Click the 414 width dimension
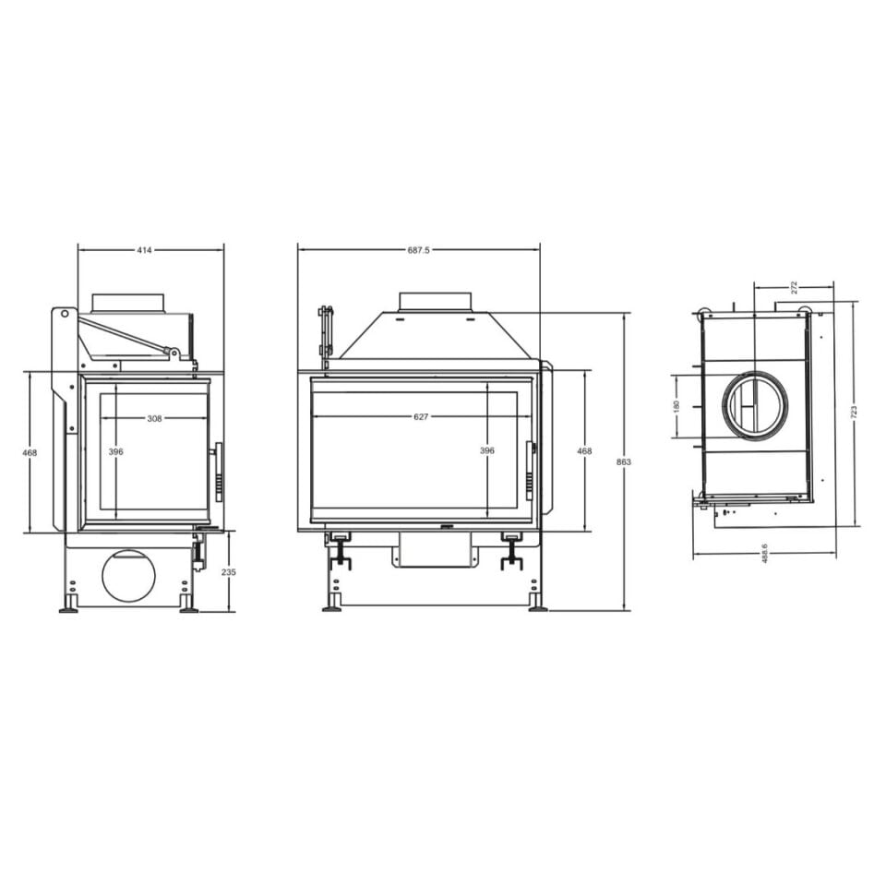(145, 250)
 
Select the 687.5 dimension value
(418, 250)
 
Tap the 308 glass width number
(154, 418)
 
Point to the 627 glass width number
(421, 417)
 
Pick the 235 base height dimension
(229, 572)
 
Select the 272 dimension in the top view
(794, 287)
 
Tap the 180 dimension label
(676, 406)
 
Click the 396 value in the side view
(115, 451)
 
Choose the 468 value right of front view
(583, 451)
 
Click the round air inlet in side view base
(128, 577)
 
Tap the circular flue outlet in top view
(755, 404)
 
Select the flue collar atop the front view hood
(435, 302)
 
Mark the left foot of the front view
(332, 606)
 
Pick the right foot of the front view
(537, 606)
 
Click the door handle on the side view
(219, 472)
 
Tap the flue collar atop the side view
(128, 303)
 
